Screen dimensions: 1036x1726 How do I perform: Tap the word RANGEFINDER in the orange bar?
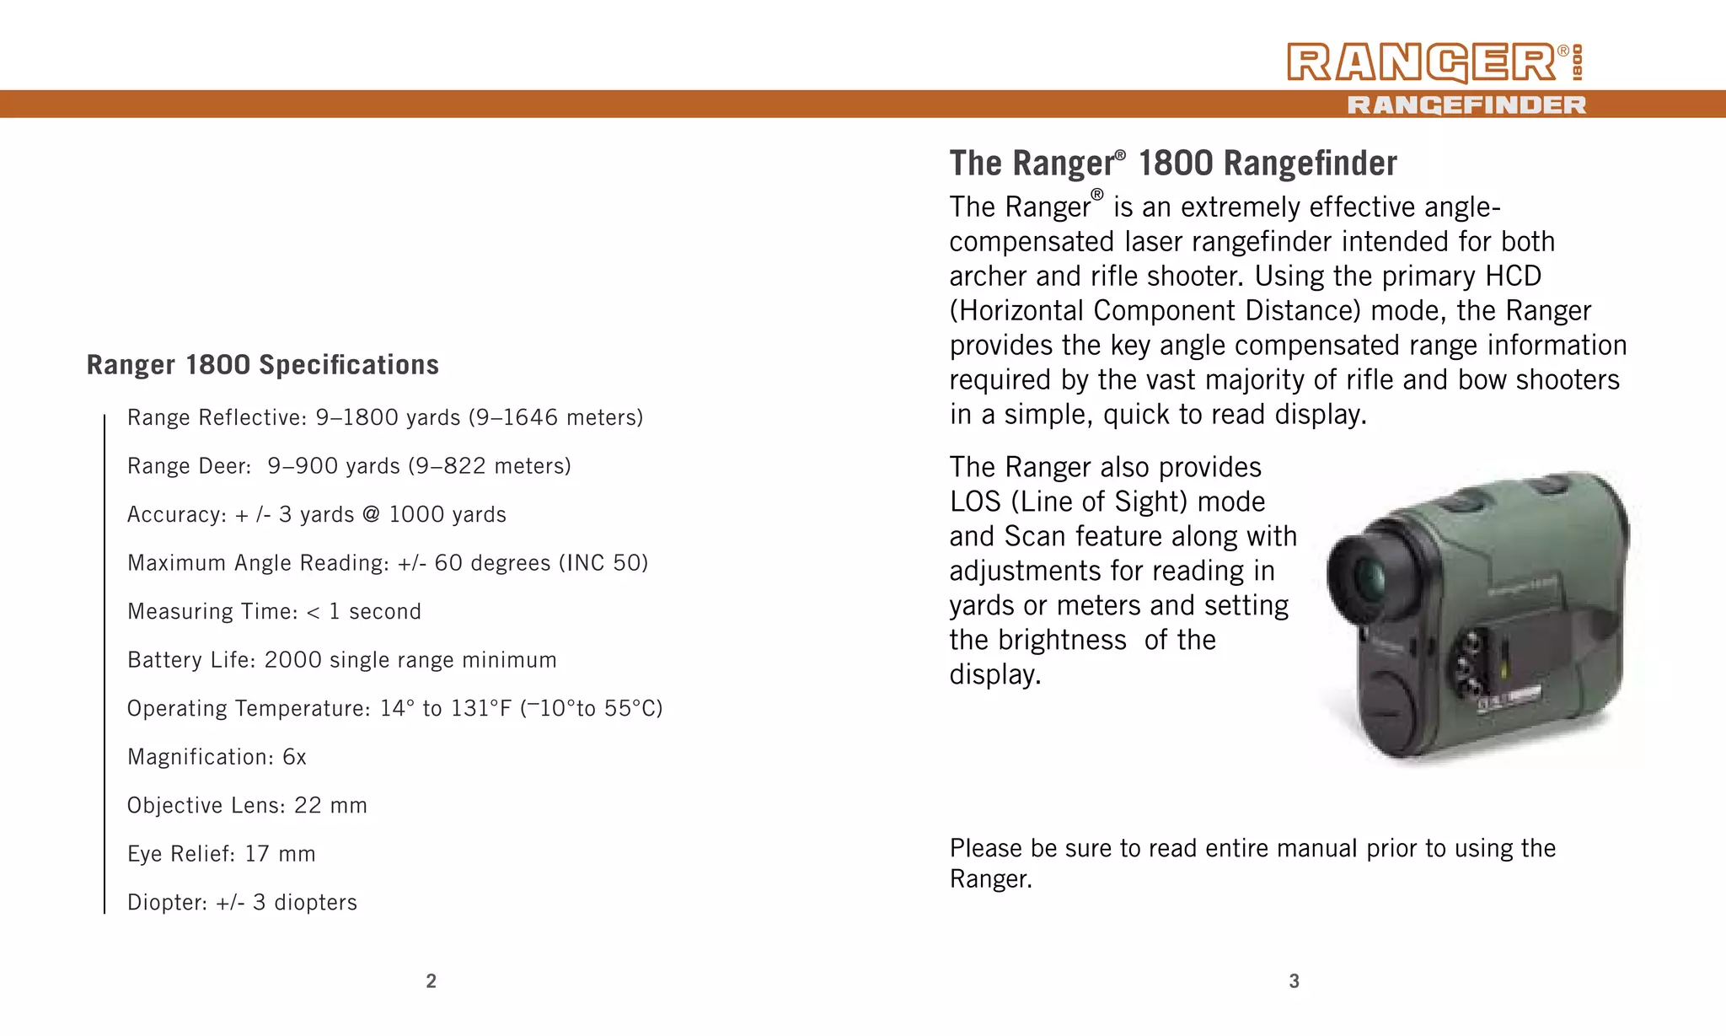(x=1466, y=105)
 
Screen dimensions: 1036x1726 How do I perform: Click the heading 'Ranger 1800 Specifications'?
(x=263, y=365)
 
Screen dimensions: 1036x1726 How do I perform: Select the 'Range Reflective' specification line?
(x=385, y=417)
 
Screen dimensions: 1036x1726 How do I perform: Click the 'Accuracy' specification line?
(x=316, y=514)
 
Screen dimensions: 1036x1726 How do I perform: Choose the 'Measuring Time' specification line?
(x=274, y=611)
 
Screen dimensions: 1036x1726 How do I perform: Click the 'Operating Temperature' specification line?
(x=394, y=708)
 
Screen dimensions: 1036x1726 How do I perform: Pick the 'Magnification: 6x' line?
(x=217, y=757)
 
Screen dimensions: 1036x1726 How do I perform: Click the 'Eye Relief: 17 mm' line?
(x=221, y=854)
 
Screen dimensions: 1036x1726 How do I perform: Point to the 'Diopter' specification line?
(x=242, y=902)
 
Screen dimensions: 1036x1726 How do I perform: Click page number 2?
(x=431, y=980)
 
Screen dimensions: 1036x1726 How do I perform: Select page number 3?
(x=1294, y=980)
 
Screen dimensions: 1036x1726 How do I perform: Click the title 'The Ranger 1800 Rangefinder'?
(x=1173, y=164)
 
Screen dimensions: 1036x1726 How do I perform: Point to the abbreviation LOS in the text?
(x=975, y=502)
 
